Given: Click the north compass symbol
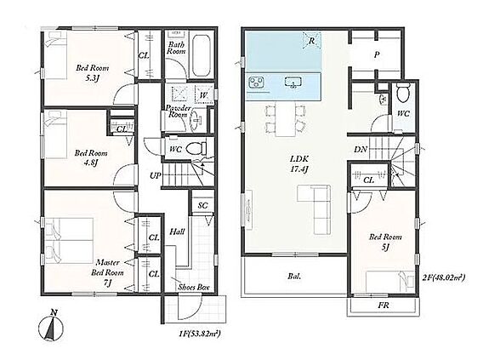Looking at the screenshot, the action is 51,327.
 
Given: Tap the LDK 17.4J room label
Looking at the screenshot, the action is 299,163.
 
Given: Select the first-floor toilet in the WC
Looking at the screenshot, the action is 199,148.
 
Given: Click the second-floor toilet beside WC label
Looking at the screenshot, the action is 403,91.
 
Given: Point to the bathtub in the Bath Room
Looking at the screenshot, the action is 201,56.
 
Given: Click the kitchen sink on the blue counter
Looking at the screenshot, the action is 293,83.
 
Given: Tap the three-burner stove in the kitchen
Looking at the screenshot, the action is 256,83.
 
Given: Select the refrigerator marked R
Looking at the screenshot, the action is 311,41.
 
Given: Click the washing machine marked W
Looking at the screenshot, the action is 203,94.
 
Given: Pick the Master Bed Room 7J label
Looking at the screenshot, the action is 107,272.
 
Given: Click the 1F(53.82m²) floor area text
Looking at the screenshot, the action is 200,333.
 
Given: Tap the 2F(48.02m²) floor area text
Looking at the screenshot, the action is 444,277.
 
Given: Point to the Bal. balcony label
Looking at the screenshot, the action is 295,276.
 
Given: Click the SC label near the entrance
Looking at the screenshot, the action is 202,205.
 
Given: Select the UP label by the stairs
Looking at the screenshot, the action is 156,175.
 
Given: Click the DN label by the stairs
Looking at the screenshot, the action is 361,150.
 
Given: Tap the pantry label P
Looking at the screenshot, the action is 377,55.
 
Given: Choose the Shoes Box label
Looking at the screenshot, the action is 194,288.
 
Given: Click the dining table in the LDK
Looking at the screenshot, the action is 285,119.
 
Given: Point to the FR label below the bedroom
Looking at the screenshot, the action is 384,306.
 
